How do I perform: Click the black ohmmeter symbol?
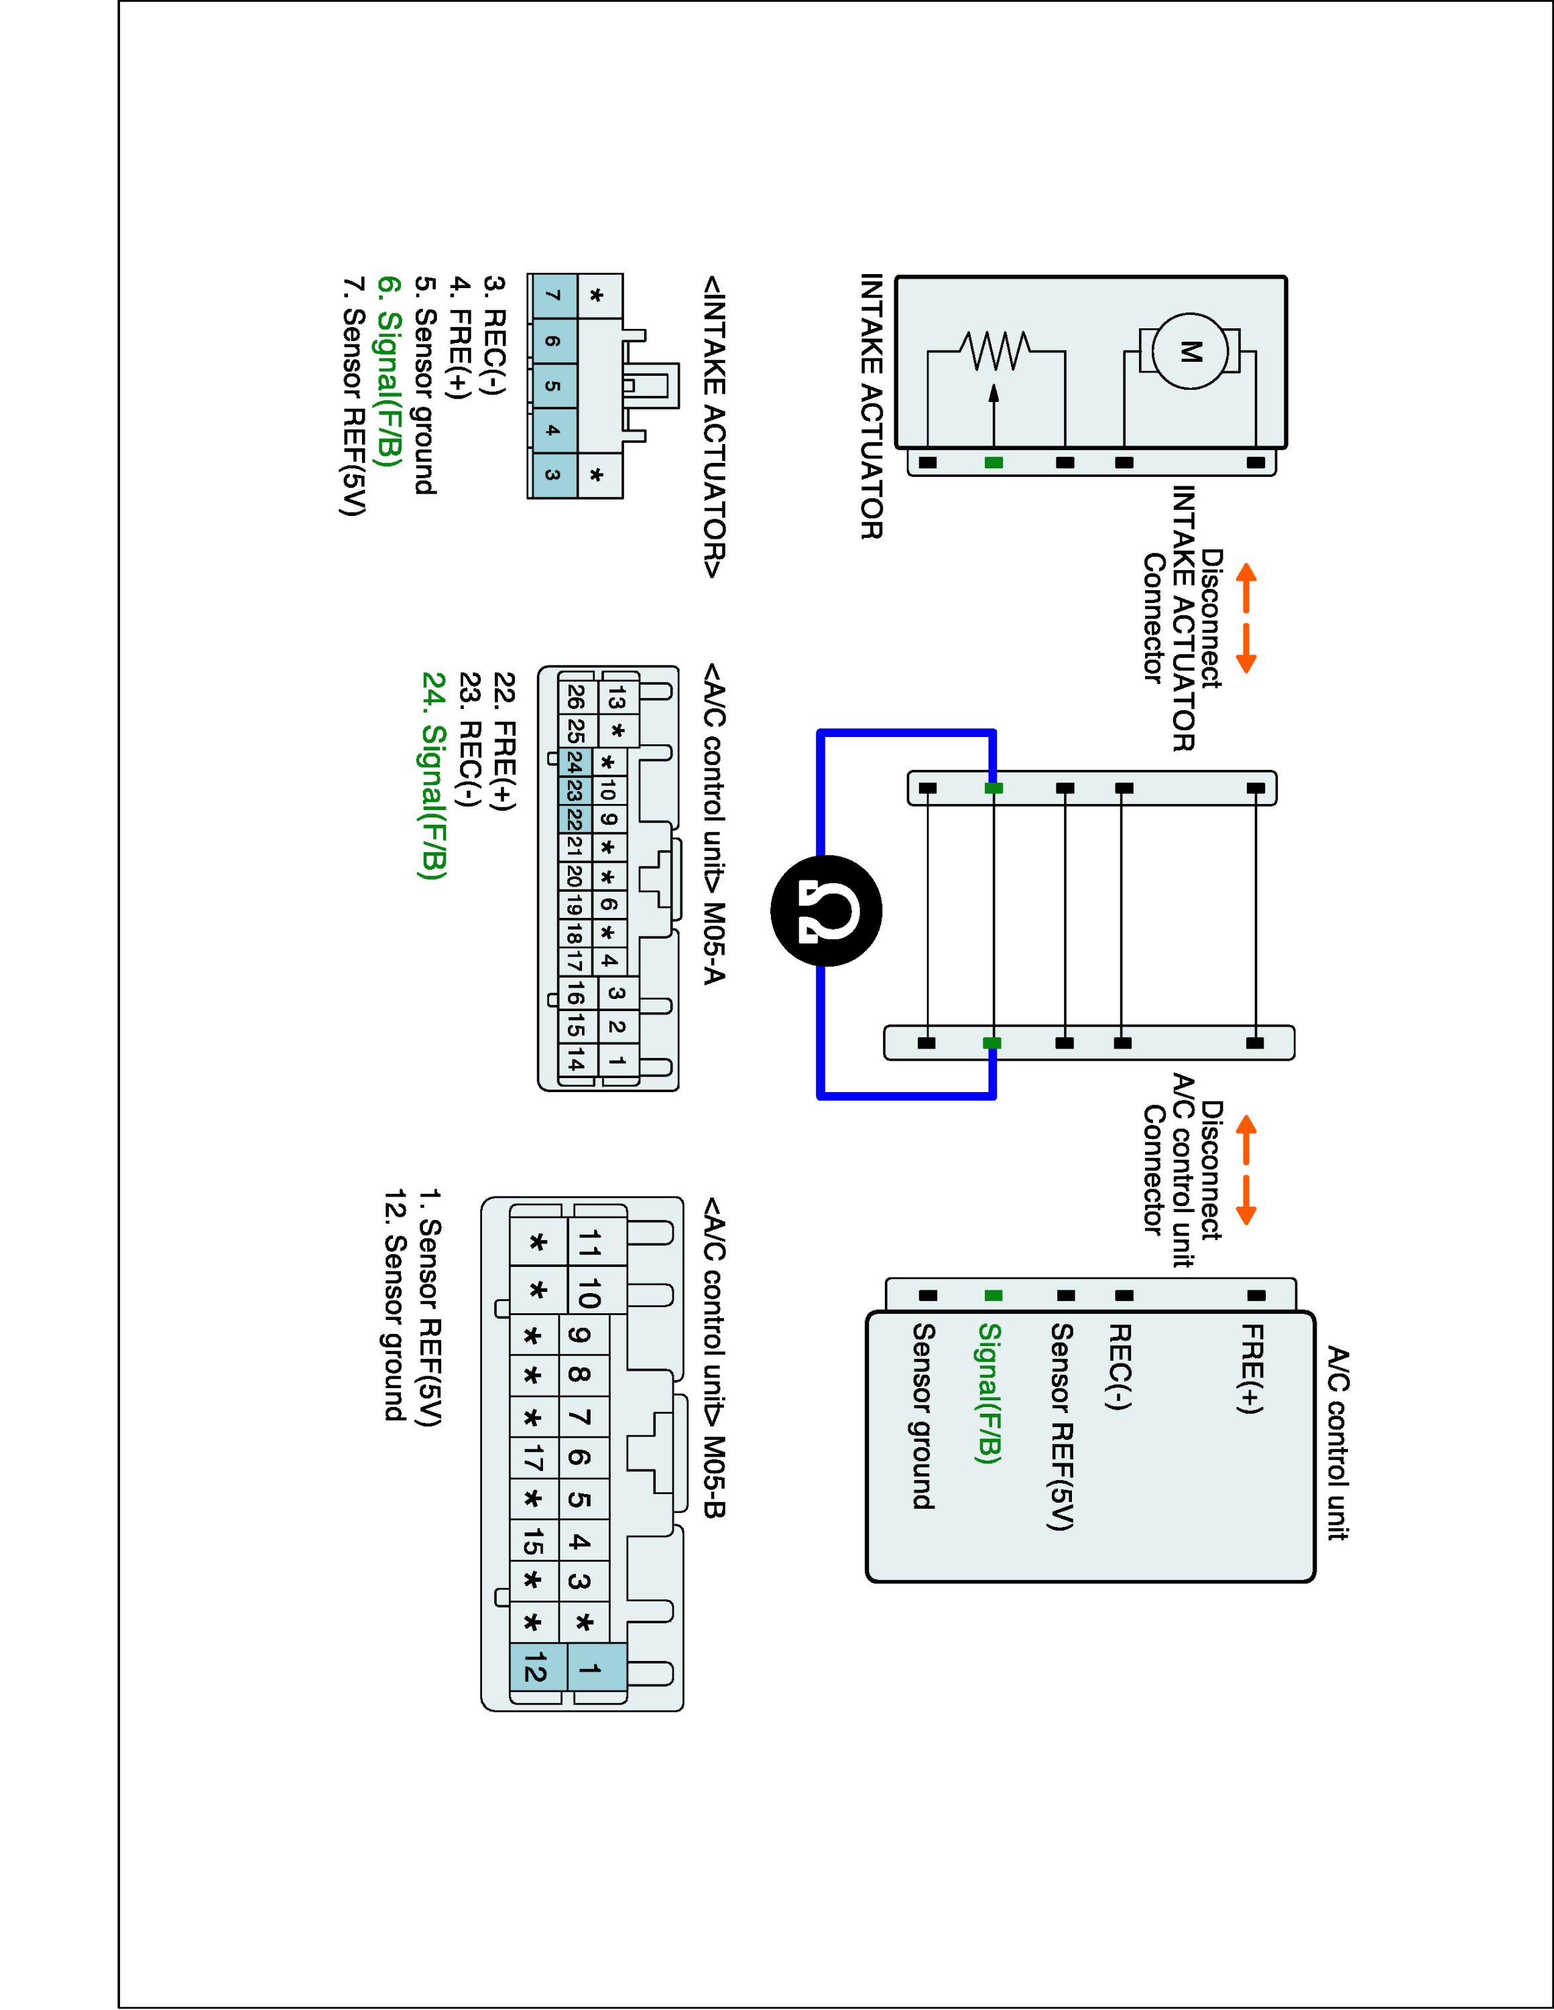coord(826,911)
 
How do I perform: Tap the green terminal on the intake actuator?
coord(994,462)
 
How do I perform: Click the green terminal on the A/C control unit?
coord(994,1296)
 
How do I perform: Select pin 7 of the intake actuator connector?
coord(552,296)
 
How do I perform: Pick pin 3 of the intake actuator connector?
coord(552,475)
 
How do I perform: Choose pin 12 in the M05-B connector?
coord(534,1668)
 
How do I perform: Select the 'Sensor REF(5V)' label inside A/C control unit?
coord(1061,1427)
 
